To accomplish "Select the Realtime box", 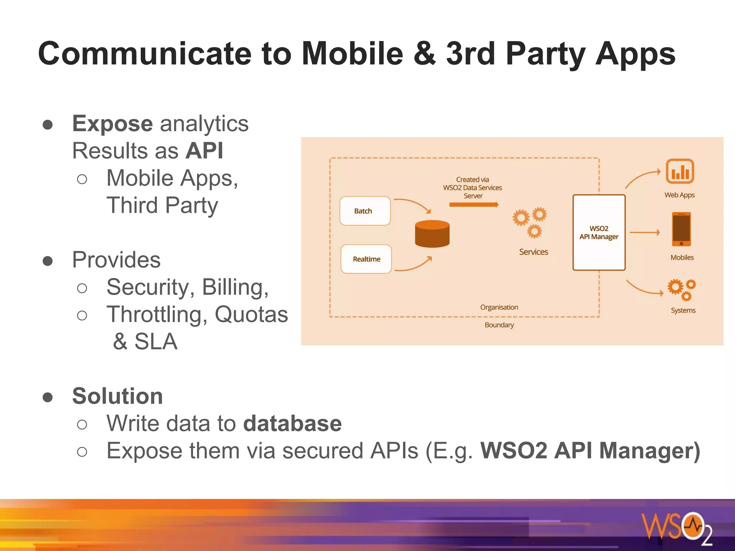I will pyautogui.click(x=366, y=259).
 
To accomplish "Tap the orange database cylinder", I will pyautogui.click(x=432, y=234).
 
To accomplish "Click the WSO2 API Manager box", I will pyautogui.click(x=599, y=232).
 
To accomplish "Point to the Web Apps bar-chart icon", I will pyautogui.click(x=680, y=171).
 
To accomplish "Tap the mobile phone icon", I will pyautogui.click(x=681, y=229).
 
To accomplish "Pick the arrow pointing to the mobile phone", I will pyautogui.click(x=645, y=232).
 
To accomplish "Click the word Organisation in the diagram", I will pyautogui.click(x=499, y=307).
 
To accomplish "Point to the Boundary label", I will pyautogui.click(x=499, y=325).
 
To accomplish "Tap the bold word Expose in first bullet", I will pyautogui.click(x=112, y=124).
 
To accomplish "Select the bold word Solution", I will pyautogui.click(x=117, y=396).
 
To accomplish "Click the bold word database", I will pyautogui.click(x=292, y=424).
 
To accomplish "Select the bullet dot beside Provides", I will pyautogui.click(x=48, y=261).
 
